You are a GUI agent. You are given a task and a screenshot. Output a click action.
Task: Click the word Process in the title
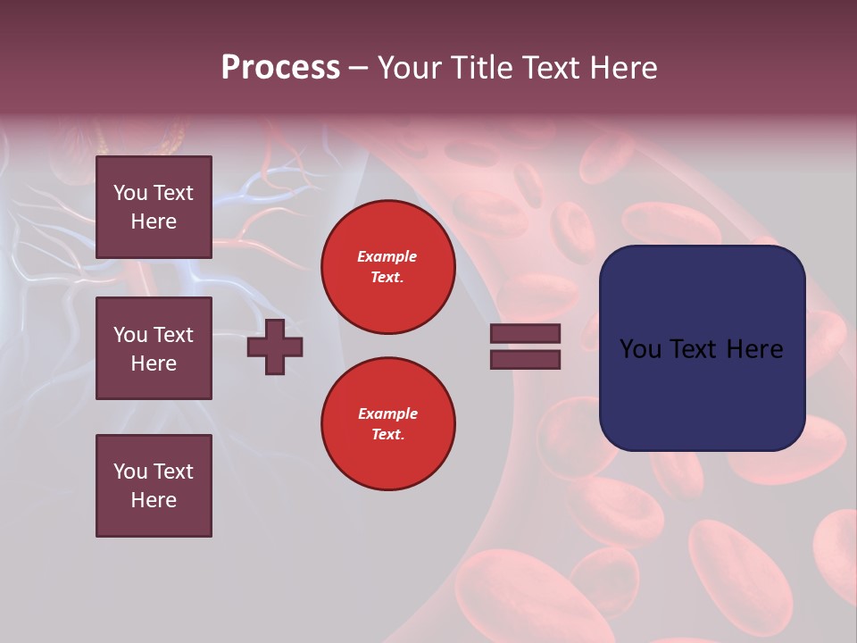[x=280, y=68]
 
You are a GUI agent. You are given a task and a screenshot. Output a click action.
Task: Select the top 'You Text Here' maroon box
[x=154, y=207]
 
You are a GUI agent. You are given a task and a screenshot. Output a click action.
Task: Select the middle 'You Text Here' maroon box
[x=154, y=348]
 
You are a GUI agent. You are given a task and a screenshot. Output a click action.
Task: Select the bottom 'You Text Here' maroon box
[x=154, y=485]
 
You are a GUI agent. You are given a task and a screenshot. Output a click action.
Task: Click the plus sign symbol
[x=275, y=347]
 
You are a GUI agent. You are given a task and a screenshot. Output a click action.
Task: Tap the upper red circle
[x=387, y=267]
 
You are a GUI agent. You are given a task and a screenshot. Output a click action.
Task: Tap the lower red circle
[x=387, y=424]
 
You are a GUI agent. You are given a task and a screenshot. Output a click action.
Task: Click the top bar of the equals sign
[x=525, y=334]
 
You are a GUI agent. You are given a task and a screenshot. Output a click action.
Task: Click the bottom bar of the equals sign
[x=525, y=359]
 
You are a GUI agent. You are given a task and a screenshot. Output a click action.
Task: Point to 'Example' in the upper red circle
[x=387, y=256]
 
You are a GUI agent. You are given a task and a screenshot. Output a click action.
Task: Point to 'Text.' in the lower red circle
[x=387, y=435]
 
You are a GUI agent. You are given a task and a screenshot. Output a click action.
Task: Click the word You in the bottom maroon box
[x=130, y=472]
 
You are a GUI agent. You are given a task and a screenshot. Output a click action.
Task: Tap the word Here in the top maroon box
[x=154, y=221]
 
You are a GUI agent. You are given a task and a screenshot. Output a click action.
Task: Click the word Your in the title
[x=411, y=68]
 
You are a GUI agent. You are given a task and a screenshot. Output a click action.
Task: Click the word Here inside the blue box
[x=755, y=349]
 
